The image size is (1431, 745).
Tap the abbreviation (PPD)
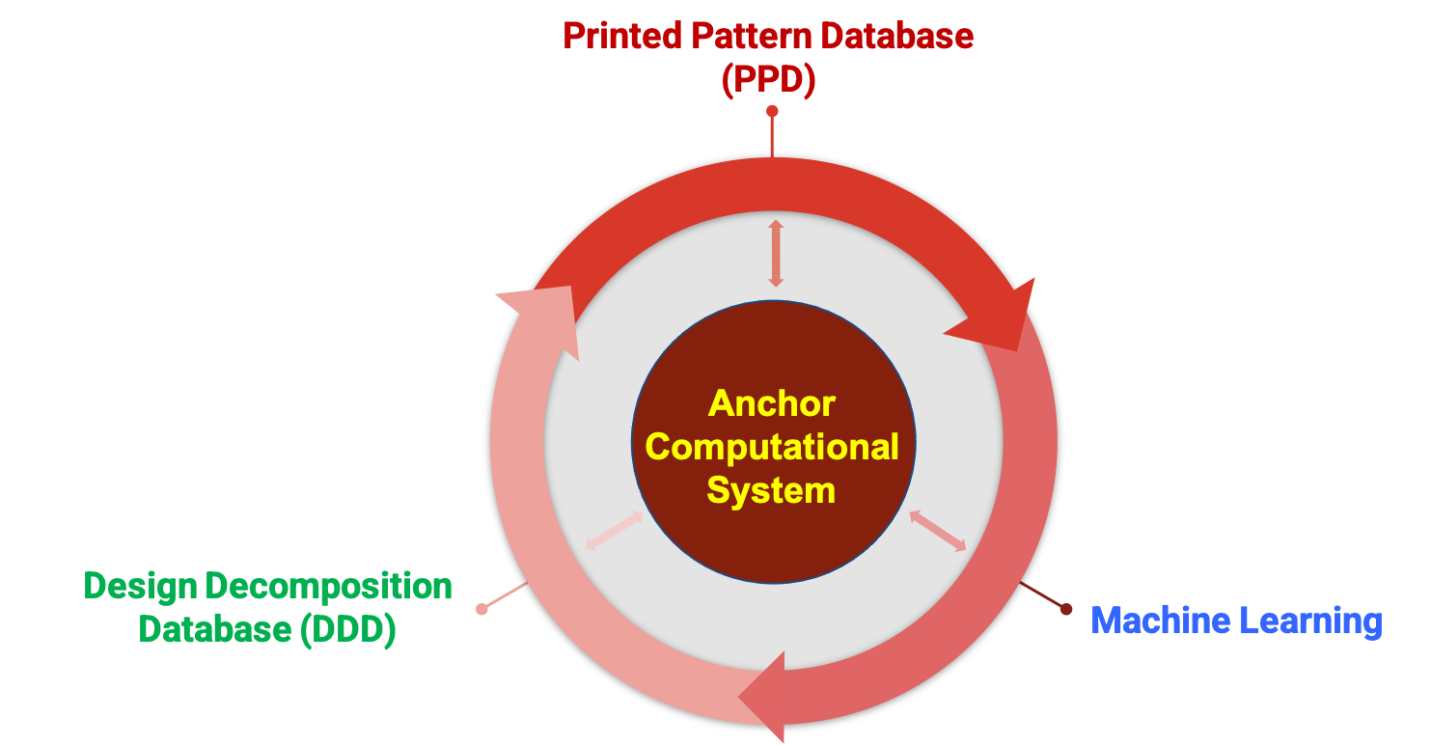tap(769, 81)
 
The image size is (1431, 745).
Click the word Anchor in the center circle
tap(772, 403)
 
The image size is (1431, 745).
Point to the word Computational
tap(772, 447)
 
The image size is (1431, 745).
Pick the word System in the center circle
tap(771, 490)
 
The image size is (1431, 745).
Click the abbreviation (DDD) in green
tap(348, 630)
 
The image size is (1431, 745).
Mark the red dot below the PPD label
tap(772, 112)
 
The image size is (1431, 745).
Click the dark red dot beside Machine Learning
tap(1066, 609)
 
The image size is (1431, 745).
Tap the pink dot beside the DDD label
tap(482, 609)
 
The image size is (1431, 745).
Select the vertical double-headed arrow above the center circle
tap(776, 254)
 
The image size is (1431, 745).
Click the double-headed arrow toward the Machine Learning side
tap(938, 532)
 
